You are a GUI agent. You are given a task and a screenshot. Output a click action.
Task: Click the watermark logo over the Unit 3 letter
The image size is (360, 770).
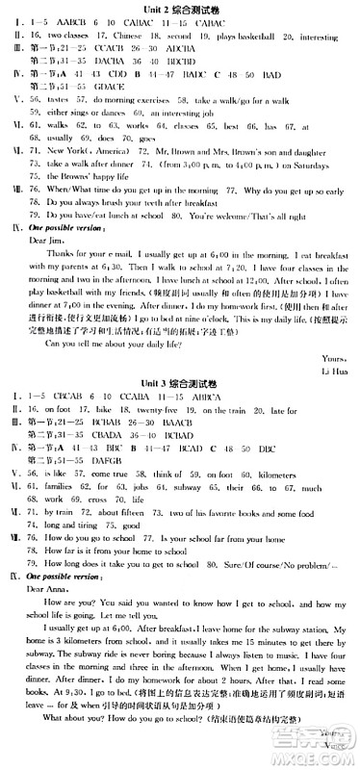(322, 746)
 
